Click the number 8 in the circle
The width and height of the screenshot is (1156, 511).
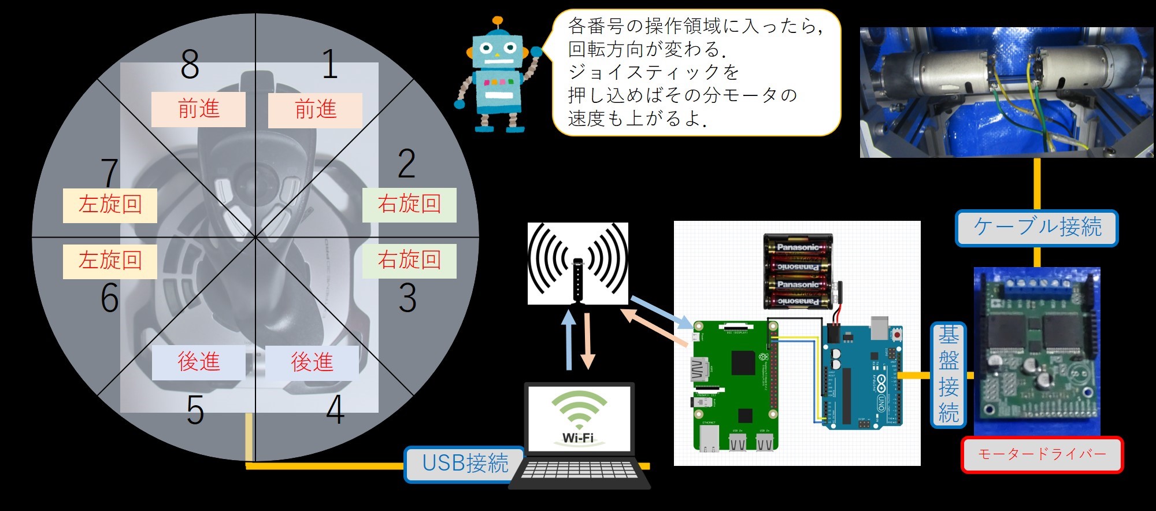[x=190, y=65]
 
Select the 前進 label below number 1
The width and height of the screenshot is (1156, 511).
[x=315, y=110]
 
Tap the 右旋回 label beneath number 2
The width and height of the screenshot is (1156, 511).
[x=409, y=205]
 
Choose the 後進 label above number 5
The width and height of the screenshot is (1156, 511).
[x=198, y=362]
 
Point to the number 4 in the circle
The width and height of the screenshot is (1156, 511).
[x=335, y=410]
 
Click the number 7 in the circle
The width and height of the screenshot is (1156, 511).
[x=109, y=172]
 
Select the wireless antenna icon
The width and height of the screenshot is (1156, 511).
[x=577, y=264]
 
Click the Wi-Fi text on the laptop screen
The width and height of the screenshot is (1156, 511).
[x=578, y=438]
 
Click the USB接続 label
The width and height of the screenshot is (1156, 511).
[x=465, y=464]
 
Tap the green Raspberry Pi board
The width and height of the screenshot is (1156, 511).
[x=735, y=384]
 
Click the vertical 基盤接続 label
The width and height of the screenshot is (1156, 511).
[x=948, y=375]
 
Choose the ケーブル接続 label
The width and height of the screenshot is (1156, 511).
[x=1037, y=227]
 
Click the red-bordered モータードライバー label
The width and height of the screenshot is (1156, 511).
[x=1042, y=455]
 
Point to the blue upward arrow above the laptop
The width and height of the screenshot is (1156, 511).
[x=569, y=341]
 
